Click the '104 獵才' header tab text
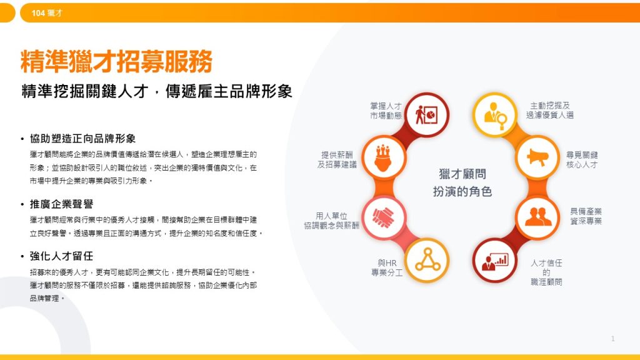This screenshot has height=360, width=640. (47, 12)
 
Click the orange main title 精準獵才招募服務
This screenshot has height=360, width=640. (117, 62)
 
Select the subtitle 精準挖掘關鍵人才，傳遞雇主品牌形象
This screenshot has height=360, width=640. (157, 91)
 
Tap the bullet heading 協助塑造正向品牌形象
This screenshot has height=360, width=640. (82, 138)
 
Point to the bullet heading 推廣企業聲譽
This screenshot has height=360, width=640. (61, 204)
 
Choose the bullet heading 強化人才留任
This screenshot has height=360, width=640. (61, 256)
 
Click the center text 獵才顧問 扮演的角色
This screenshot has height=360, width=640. (462, 182)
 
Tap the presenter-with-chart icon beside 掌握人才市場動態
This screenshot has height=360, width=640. (428, 114)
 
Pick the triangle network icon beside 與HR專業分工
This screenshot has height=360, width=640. (427, 260)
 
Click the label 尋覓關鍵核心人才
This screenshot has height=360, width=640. (582, 159)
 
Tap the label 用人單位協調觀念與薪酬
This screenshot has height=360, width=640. (331, 221)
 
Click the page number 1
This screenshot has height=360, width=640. (613, 339)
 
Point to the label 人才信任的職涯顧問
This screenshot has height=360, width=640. (546, 272)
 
